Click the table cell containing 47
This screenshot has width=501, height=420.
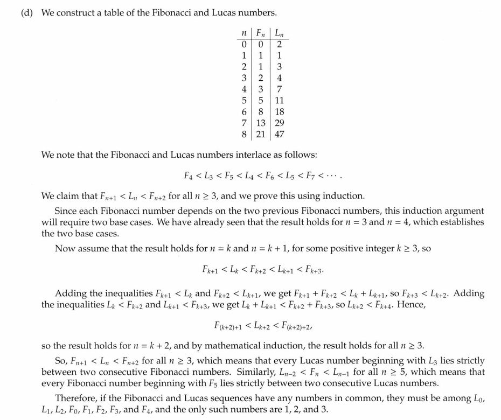[279, 135]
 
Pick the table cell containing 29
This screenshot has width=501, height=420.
[279, 123]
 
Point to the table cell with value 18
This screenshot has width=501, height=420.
[279, 112]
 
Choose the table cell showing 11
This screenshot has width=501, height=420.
[279, 101]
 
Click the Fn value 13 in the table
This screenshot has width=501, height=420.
[261, 123]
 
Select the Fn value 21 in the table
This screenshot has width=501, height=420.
[261, 135]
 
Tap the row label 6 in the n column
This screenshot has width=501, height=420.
[245, 112]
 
